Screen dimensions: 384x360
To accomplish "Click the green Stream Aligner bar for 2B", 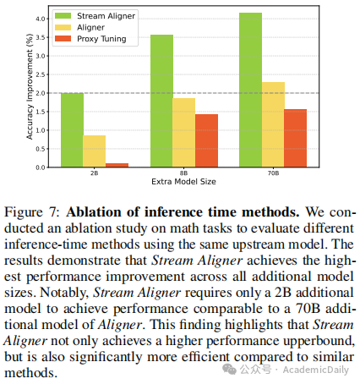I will point(72,130).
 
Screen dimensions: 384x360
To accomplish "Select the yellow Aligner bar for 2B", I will point(94,151).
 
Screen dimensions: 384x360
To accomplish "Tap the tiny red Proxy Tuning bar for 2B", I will point(117,165).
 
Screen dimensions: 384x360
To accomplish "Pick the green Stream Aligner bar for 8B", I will point(161,101).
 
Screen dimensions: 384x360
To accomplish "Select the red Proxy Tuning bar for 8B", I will point(206,140).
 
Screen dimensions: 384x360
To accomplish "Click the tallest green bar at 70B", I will point(250,90).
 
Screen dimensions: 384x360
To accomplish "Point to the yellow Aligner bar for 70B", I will point(273,124).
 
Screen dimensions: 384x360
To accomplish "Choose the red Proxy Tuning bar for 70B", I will point(295,138).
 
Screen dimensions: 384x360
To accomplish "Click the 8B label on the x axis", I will point(183,173).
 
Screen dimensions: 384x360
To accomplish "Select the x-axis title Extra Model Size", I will point(183,183).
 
